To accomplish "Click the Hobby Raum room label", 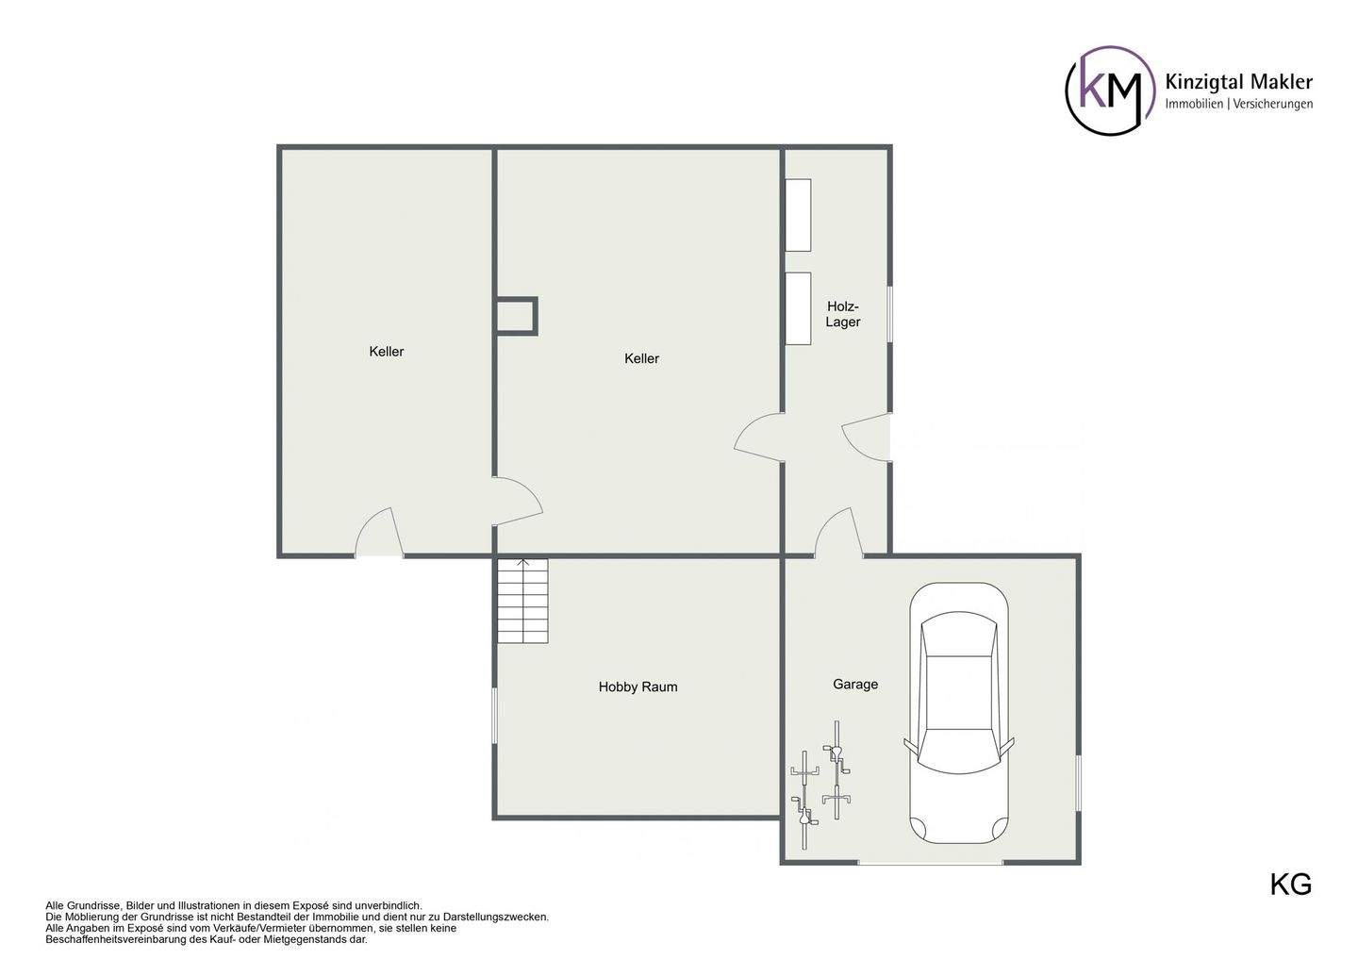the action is (638, 686).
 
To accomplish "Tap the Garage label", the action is (854, 685).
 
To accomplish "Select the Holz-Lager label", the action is (843, 314).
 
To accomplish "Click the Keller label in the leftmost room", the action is (387, 352).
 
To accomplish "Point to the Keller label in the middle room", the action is (641, 359).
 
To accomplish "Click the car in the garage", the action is (959, 714).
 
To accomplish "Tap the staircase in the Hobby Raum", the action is (523, 601).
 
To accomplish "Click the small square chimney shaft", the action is (516, 316).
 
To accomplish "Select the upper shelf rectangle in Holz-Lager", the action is (798, 215).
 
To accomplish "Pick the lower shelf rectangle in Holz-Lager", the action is (798, 308).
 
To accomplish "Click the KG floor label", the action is (1291, 885).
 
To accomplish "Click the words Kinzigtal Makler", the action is (1238, 81).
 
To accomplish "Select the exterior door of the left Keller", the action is (378, 532).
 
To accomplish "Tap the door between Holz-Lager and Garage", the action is (839, 532).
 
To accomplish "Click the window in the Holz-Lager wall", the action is (890, 315).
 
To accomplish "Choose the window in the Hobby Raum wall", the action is (495, 716).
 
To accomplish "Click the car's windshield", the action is (959, 751).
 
